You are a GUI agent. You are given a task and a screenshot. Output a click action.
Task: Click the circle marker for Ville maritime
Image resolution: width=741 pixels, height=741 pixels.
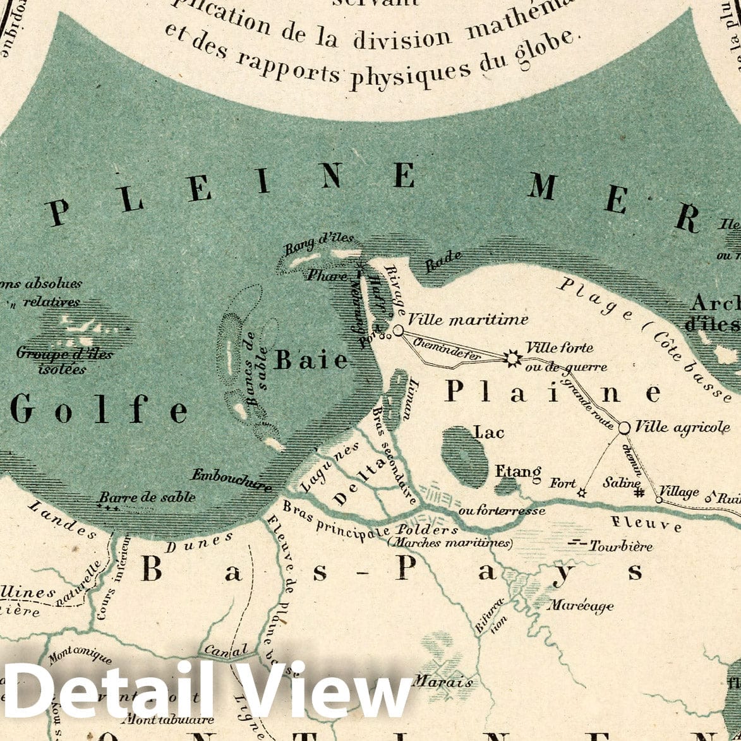(x=398, y=330)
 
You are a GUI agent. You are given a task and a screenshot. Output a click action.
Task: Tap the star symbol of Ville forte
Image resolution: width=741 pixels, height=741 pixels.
(x=512, y=358)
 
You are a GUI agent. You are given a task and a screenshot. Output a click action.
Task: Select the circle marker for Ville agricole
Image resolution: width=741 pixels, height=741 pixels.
(x=624, y=428)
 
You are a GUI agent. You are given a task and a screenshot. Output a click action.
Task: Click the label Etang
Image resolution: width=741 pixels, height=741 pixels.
(x=518, y=472)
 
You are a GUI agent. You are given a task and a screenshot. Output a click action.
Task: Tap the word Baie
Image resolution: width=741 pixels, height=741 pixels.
(x=311, y=360)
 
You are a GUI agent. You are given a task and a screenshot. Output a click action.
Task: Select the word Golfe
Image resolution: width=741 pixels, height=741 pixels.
(x=99, y=410)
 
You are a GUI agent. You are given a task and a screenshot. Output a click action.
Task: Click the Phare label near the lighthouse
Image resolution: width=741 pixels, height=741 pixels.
(x=327, y=275)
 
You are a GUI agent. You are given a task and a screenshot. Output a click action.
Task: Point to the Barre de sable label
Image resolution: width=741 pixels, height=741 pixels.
(x=147, y=497)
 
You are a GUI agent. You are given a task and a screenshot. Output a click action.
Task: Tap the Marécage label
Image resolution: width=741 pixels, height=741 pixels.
(x=580, y=605)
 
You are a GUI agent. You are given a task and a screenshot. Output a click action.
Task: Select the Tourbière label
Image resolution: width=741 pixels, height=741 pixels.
(x=620, y=546)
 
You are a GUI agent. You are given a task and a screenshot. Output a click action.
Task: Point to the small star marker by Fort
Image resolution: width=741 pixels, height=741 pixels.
(x=582, y=493)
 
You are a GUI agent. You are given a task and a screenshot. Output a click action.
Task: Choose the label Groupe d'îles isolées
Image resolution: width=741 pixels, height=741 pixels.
(x=64, y=360)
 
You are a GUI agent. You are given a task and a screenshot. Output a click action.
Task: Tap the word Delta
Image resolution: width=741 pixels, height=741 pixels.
(x=359, y=483)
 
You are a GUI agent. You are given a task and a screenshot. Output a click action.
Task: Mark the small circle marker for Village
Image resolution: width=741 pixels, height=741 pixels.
(x=659, y=500)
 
